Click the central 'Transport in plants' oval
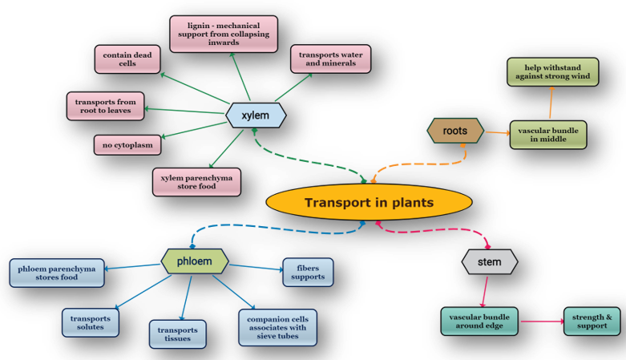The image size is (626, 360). point(369,202)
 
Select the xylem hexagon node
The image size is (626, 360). point(256,115)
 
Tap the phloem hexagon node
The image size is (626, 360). point(195,261)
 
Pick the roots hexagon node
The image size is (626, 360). point(454,131)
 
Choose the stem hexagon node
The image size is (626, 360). point(489,262)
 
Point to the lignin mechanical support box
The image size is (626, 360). point(224,34)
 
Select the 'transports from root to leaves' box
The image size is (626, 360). point(105,107)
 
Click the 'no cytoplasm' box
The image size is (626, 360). point(127,146)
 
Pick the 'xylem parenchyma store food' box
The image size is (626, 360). point(197,181)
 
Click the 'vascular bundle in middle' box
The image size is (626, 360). point(549,135)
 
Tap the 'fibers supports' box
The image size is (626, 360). point(309,272)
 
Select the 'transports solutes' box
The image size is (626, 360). point(90,322)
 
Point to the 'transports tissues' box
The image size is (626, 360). point(178,333)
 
